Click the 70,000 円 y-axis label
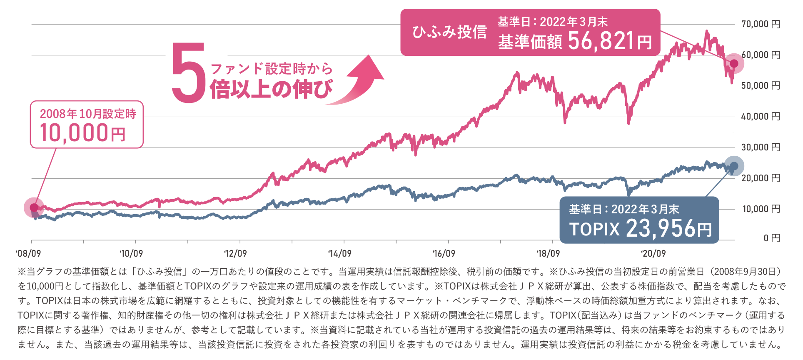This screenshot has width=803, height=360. [760, 24]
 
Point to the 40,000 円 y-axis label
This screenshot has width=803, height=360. [760, 117]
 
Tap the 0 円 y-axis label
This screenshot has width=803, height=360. [771, 238]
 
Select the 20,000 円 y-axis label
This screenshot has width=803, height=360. [760, 178]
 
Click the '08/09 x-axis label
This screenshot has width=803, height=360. [28, 253]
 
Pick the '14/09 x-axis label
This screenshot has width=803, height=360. [339, 253]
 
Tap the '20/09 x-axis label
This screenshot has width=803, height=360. [653, 253]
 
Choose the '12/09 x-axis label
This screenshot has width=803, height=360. [235, 253]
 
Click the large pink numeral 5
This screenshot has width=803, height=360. [188, 73]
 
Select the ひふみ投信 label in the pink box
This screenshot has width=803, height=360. [449, 32]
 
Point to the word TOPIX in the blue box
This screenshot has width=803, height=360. [594, 229]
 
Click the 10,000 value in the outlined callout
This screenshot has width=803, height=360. [74, 133]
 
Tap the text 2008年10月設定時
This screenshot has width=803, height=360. [87, 114]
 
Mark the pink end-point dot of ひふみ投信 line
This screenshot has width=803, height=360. [734, 63]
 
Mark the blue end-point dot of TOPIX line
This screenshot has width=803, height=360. [734, 166]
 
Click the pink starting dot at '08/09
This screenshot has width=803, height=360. [34, 207]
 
